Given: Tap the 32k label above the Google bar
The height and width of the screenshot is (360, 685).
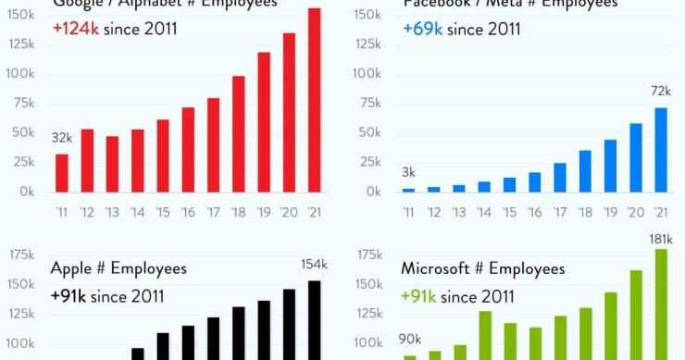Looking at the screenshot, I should [61, 138].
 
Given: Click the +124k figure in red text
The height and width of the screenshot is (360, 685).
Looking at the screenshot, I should [76, 29].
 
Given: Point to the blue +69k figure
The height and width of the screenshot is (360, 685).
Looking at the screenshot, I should [423, 29].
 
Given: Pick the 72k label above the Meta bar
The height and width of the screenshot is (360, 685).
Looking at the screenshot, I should [660, 91].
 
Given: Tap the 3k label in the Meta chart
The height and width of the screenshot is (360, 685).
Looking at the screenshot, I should [408, 172].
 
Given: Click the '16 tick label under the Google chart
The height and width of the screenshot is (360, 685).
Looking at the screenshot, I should [188, 211].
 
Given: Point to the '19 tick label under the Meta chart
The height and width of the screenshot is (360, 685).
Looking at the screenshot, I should [610, 211].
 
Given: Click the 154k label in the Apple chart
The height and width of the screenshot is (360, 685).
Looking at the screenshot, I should [315, 265].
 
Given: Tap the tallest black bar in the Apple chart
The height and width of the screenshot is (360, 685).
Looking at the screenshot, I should [315, 319].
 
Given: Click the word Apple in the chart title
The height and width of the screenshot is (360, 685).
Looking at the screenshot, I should [72, 268].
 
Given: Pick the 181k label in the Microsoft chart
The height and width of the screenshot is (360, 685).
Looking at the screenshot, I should [660, 239].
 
